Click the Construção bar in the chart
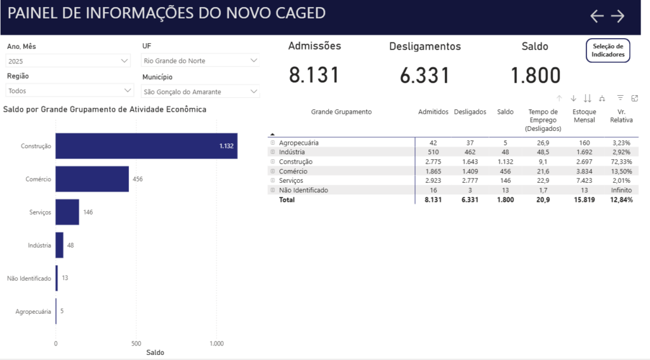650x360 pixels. pyautogui.click(x=146, y=146)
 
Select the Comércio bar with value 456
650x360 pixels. pyautogui.click(x=92, y=179)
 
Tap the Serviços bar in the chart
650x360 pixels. pyautogui.click(x=67, y=212)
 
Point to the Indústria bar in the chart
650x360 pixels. pyautogui.click(x=60, y=245)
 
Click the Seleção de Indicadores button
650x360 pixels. pyautogui.click(x=608, y=50)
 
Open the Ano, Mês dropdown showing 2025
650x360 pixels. pyautogui.click(x=69, y=61)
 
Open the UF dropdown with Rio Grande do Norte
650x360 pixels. pyautogui.click(x=200, y=60)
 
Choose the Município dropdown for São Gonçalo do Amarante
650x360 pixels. pyautogui.click(x=200, y=91)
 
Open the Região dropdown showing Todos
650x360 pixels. pyautogui.click(x=69, y=91)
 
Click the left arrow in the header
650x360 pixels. pyautogui.click(x=597, y=17)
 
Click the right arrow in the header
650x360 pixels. pyautogui.click(x=618, y=17)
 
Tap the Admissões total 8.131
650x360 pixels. pyautogui.click(x=314, y=76)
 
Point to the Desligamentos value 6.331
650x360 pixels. pyautogui.click(x=425, y=76)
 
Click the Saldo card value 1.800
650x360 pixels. pyautogui.click(x=536, y=76)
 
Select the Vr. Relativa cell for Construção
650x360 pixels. pyautogui.click(x=621, y=162)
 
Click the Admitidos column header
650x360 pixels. pyautogui.click(x=433, y=112)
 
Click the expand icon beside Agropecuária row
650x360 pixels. pyautogui.click(x=273, y=143)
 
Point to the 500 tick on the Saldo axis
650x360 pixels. pyautogui.click(x=136, y=343)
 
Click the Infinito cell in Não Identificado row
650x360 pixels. pyautogui.click(x=621, y=190)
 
